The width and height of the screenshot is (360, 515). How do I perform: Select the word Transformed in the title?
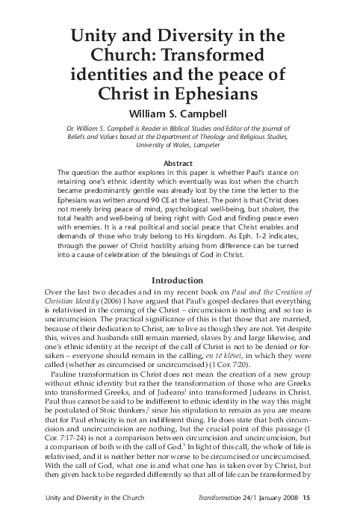pos(223,55)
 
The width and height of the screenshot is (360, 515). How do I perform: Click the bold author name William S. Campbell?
pos(179,115)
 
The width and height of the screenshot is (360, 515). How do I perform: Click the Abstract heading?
pos(179,163)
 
